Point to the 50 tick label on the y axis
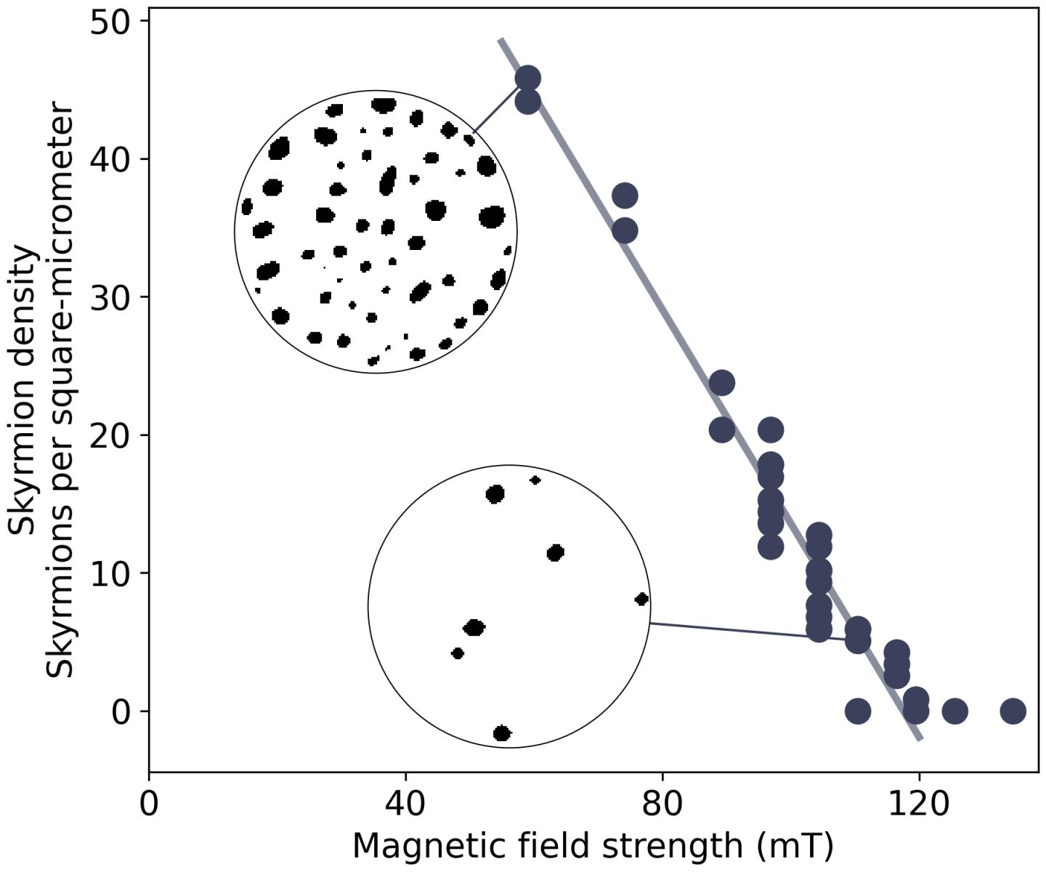click(110, 22)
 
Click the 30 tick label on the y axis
click(110, 297)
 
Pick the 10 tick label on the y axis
click(110, 573)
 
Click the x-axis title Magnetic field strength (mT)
click(593, 846)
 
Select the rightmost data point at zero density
click(1013, 711)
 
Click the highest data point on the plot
click(527, 78)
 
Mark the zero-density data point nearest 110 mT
click(858, 711)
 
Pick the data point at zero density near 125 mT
click(954, 711)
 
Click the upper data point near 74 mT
click(625, 195)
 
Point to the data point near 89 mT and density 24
click(721, 382)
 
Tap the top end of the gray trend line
click(500, 40)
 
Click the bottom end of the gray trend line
click(920, 739)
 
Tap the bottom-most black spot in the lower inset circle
click(502, 733)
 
